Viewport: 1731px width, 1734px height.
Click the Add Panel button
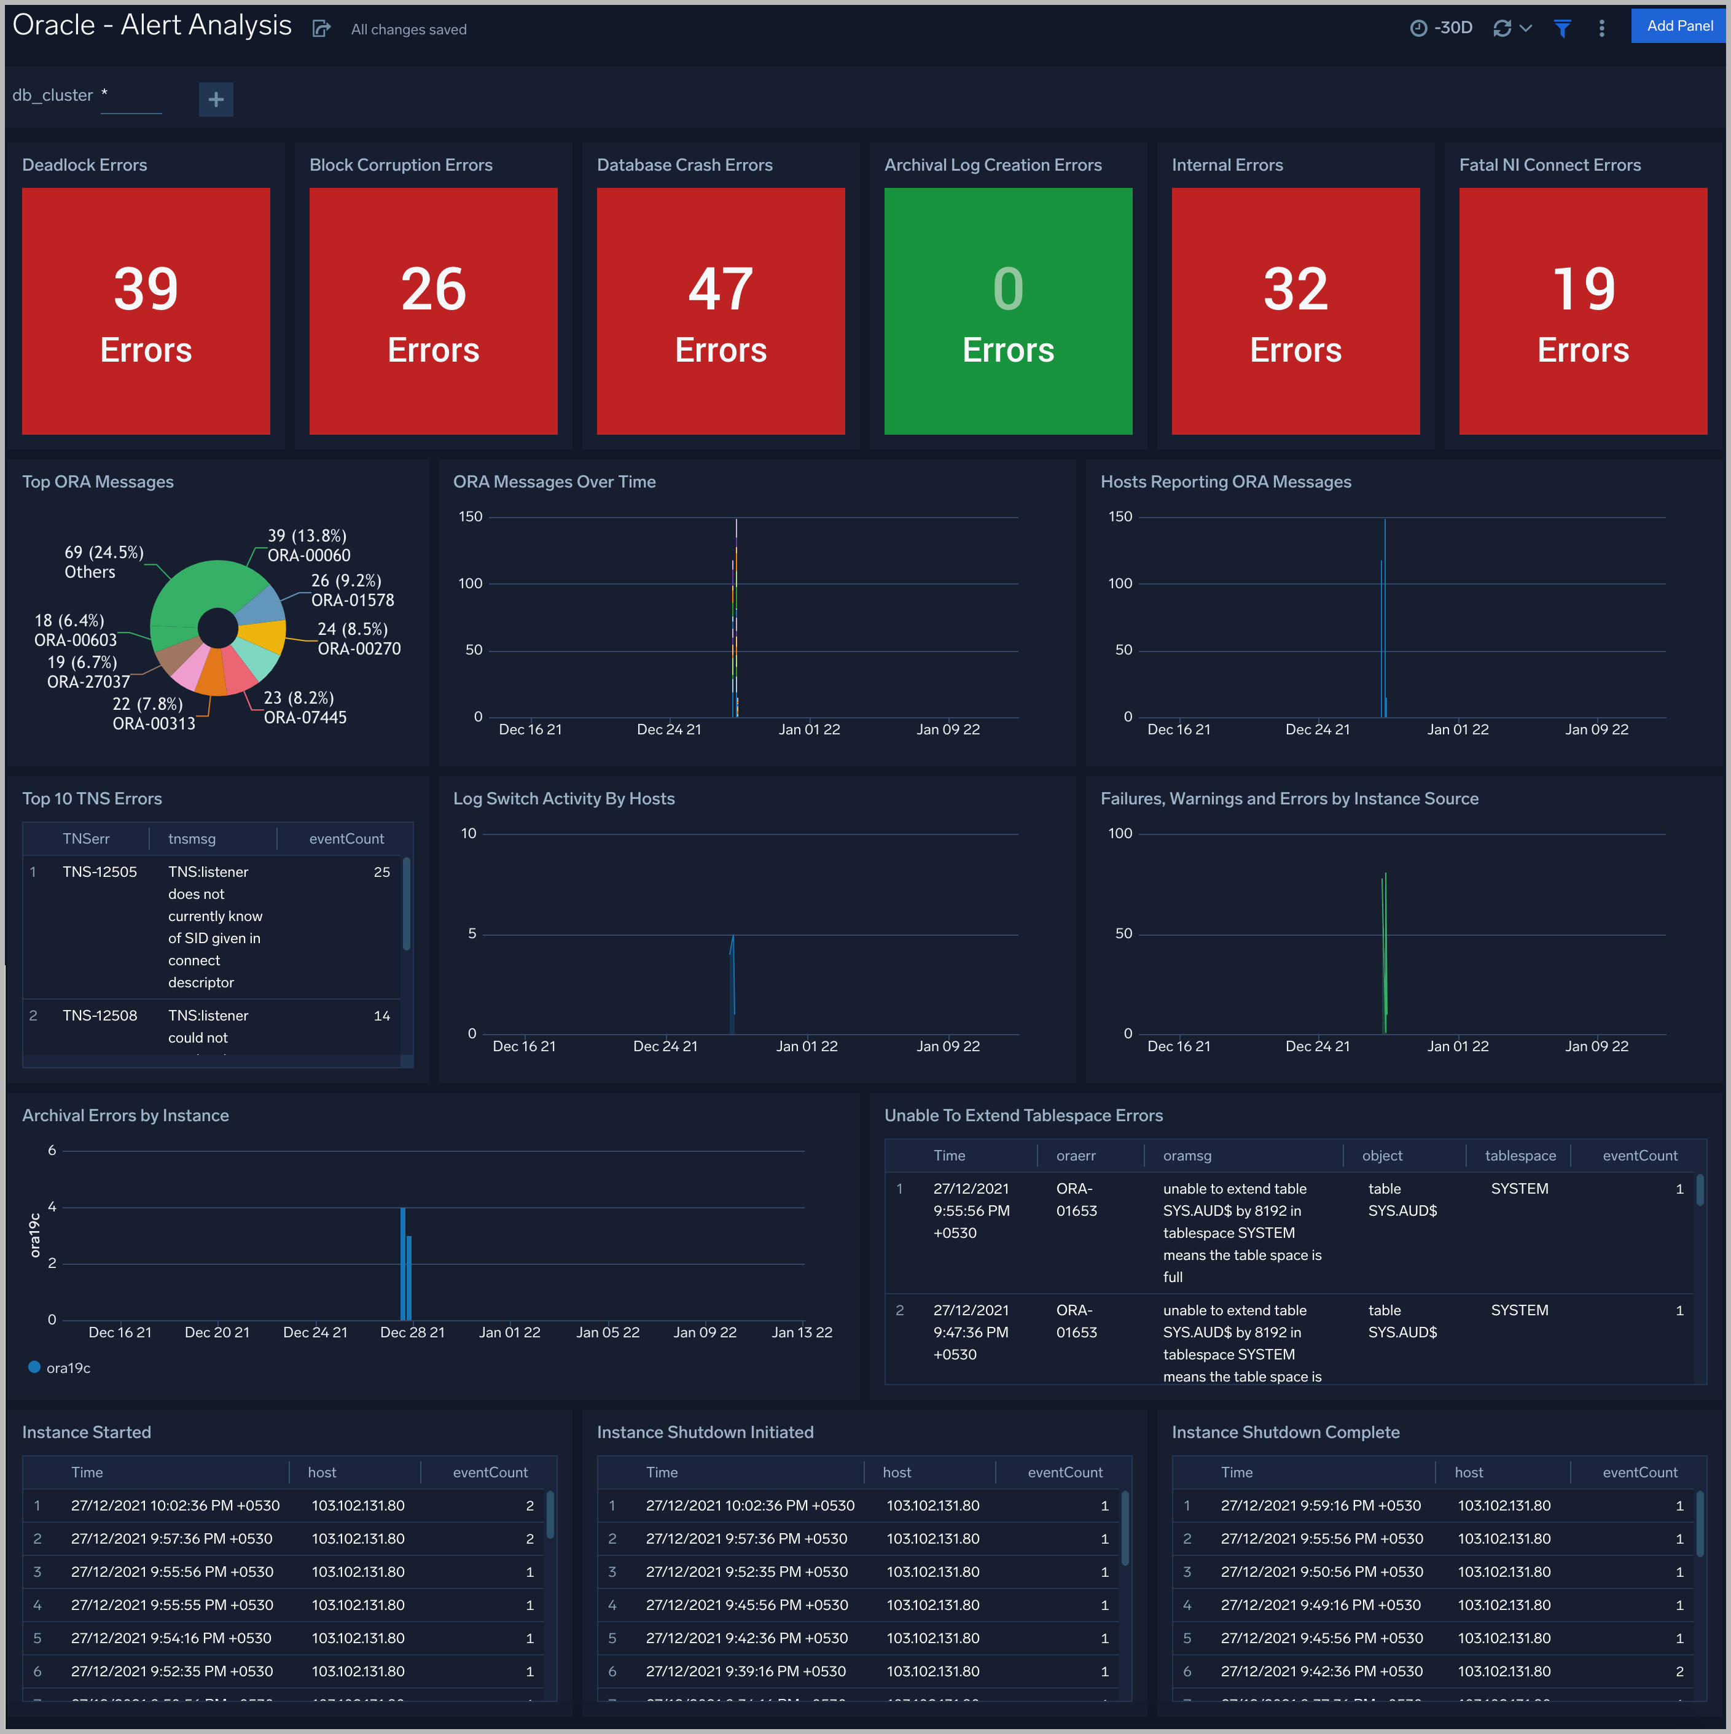point(1679,26)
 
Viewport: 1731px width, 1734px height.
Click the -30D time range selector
point(1441,28)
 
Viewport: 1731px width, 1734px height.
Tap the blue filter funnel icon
point(1562,29)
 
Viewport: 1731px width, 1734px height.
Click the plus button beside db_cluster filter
point(216,99)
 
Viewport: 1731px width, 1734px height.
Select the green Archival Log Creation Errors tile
point(1007,311)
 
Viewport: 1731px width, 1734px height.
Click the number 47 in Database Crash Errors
point(720,289)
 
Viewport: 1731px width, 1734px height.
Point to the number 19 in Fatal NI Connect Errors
point(1583,289)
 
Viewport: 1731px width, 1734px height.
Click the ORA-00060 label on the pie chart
point(309,556)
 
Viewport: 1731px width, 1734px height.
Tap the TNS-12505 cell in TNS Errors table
point(100,871)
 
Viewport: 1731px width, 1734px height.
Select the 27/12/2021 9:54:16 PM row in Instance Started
point(171,1638)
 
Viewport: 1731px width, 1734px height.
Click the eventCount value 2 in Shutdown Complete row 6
point(1679,1671)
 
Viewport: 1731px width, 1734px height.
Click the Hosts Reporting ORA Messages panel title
point(1225,482)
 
